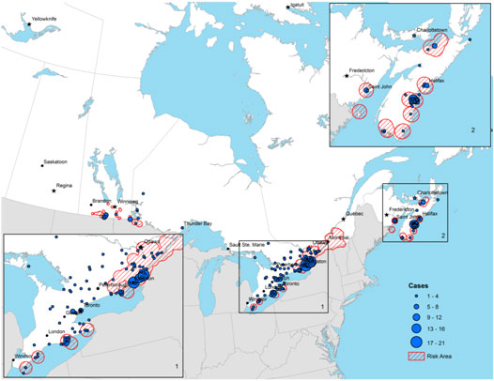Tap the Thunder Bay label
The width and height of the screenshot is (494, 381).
[198, 223]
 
